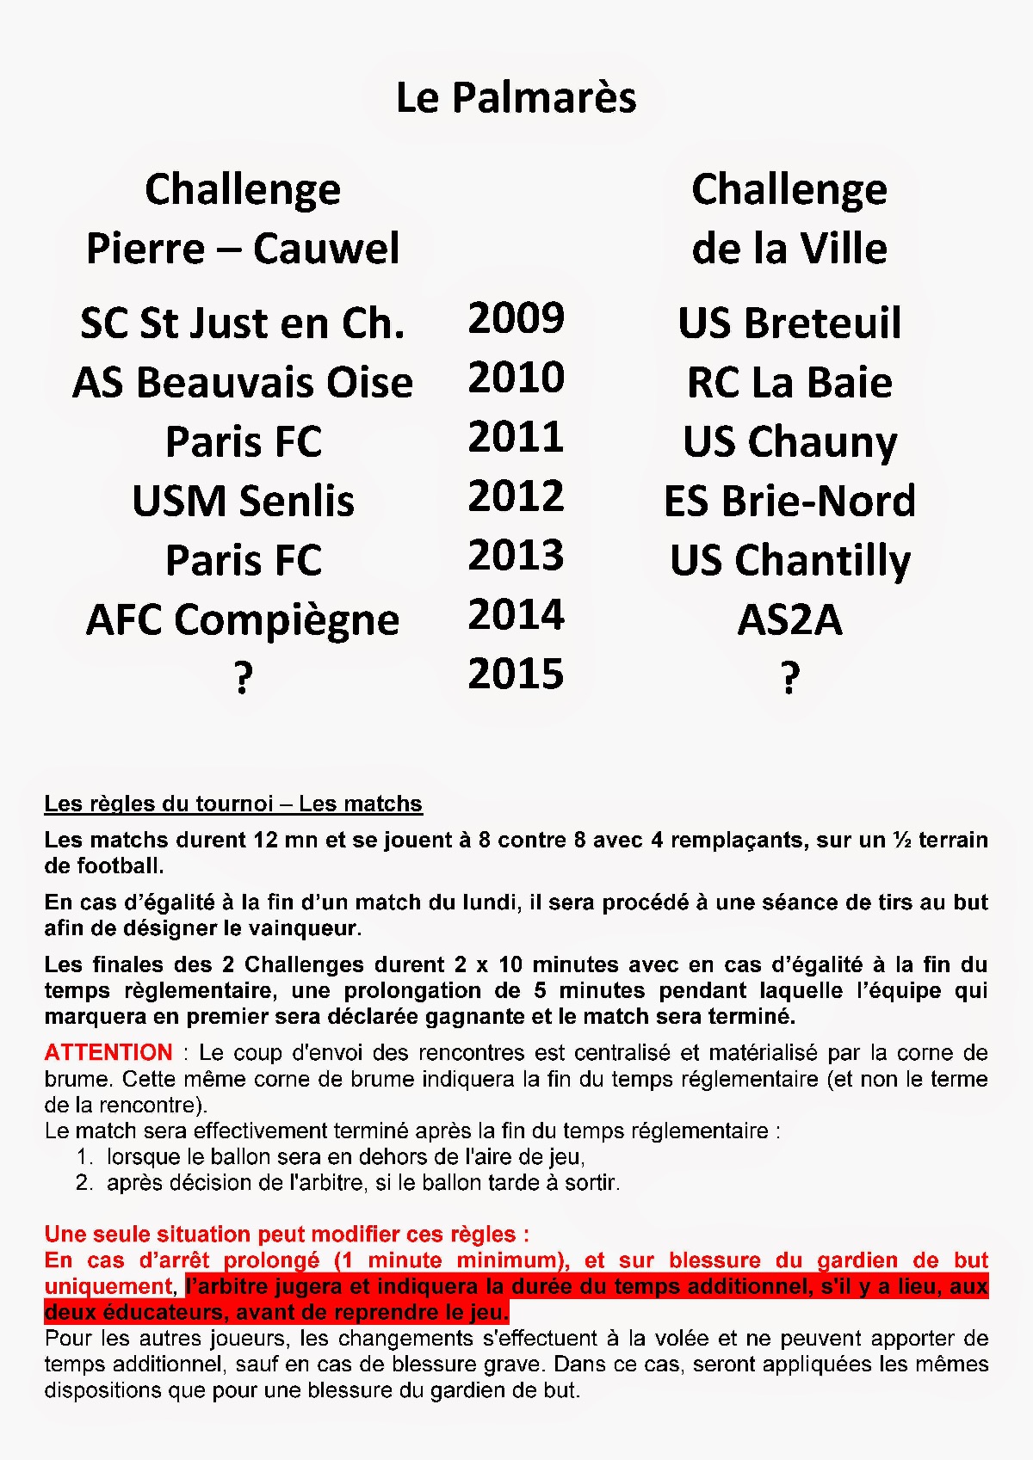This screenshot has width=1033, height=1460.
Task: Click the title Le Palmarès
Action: tap(516, 98)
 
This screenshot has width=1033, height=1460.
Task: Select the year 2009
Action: tap(516, 318)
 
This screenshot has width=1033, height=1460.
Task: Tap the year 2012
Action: tap(516, 496)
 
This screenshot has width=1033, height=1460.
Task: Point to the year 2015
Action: tap(516, 675)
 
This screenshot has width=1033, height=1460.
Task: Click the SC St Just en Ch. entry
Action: tap(243, 323)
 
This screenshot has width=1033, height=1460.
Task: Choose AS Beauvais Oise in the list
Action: tap(243, 383)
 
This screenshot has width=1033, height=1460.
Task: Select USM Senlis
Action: tap(243, 502)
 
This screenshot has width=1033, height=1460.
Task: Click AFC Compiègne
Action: tap(243, 620)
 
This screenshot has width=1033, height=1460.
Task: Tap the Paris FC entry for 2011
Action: tap(243, 442)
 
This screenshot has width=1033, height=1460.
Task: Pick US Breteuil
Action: tap(789, 323)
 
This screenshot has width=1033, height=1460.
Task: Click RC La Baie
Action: tap(789, 383)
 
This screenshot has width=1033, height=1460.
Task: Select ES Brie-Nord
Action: tap(789, 502)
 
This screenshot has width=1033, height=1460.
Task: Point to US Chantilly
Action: tap(789, 561)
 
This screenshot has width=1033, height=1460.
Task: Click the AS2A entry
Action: tap(789, 620)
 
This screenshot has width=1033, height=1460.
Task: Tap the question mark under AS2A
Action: tap(789, 678)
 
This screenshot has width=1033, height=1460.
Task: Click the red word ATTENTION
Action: tap(108, 1052)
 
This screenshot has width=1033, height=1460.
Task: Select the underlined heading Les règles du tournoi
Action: tap(233, 804)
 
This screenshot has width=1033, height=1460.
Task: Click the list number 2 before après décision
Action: tap(84, 1182)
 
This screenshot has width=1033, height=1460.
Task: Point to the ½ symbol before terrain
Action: tap(902, 841)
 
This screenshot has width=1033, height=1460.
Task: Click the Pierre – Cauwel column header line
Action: tap(243, 249)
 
